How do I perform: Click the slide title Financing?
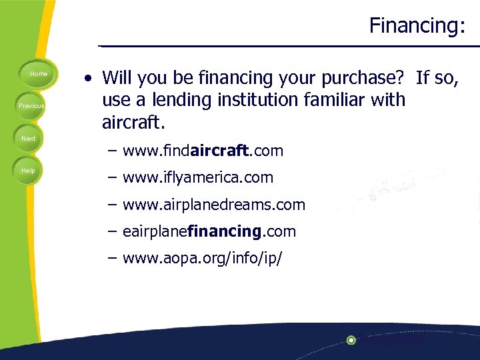pyautogui.click(x=417, y=26)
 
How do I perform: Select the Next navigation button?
pyautogui.click(x=28, y=138)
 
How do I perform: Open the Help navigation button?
pyautogui.click(x=28, y=171)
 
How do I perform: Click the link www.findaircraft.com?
pyautogui.click(x=203, y=151)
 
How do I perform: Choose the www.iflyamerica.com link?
pyautogui.click(x=198, y=178)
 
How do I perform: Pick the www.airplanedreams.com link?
pyautogui.click(x=213, y=205)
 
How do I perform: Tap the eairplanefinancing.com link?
pyautogui.click(x=209, y=231)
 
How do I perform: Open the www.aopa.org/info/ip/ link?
pyautogui.click(x=202, y=258)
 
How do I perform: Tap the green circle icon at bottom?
pyautogui.click(x=351, y=340)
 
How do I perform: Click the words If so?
pyautogui.click(x=437, y=78)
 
